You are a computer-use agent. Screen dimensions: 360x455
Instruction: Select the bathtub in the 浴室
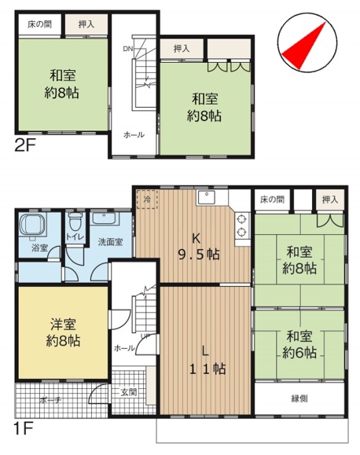point(32,224)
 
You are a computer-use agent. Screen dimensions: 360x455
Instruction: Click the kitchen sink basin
point(207,198)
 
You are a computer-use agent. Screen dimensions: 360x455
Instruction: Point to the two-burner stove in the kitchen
point(242,226)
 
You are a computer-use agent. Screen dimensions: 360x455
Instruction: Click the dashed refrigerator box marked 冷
point(147,200)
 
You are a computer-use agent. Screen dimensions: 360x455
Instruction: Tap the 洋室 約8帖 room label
point(64,332)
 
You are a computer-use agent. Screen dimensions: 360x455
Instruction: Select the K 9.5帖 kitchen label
point(199,247)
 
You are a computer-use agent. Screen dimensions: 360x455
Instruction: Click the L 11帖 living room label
point(208,361)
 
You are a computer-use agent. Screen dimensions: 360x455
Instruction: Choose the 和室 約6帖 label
point(299,344)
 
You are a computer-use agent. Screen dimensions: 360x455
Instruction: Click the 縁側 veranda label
point(299,398)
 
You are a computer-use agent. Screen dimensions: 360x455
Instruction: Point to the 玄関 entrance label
point(129,393)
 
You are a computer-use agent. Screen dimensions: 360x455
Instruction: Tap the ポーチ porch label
point(50,401)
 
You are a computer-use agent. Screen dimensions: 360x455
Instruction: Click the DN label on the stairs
point(128,49)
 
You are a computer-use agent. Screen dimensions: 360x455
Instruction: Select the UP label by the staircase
point(145,336)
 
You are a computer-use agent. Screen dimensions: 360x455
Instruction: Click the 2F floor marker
point(25,146)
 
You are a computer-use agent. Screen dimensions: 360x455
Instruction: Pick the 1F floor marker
point(24,429)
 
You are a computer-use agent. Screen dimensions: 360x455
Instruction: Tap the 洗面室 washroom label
point(110,242)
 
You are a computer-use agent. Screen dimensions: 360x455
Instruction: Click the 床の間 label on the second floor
point(40,24)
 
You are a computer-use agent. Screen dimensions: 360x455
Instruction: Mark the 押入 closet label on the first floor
point(330,200)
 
